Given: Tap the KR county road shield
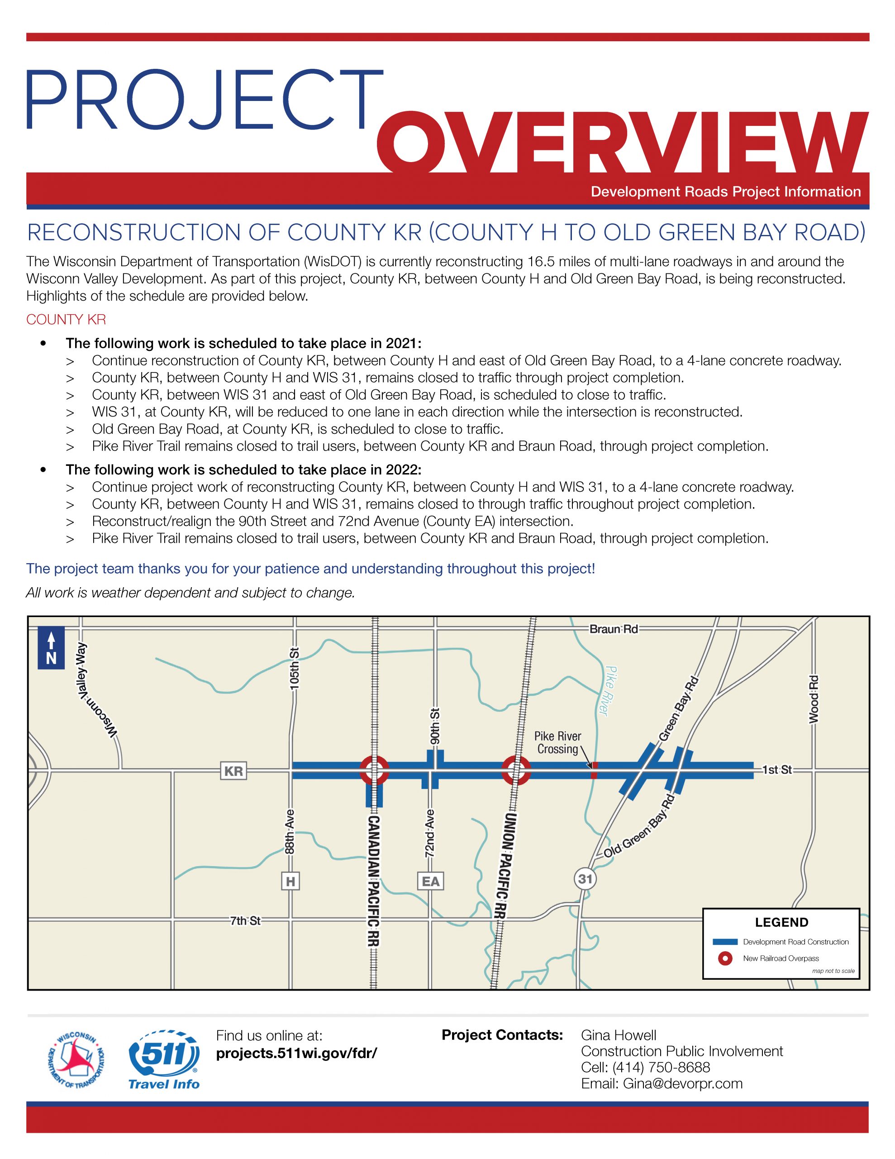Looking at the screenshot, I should click(x=233, y=771).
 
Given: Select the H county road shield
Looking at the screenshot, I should click(x=290, y=881).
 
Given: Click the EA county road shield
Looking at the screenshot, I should click(x=430, y=881).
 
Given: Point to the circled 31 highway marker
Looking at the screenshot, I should click(x=585, y=879).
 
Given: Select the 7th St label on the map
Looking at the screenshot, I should click(x=245, y=921).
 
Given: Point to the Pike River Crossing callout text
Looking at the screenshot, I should click(x=557, y=742).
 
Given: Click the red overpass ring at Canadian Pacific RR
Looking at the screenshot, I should click(x=375, y=770).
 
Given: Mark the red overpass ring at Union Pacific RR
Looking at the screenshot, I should click(x=516, y=770).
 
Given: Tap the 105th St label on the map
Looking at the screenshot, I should click(x=295, y=669).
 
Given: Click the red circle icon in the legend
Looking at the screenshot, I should click(x=725, y=958).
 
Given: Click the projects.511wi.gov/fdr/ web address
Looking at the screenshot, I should click(x=296, y=1053).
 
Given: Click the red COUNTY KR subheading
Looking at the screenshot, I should click(x=67, y=320).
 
